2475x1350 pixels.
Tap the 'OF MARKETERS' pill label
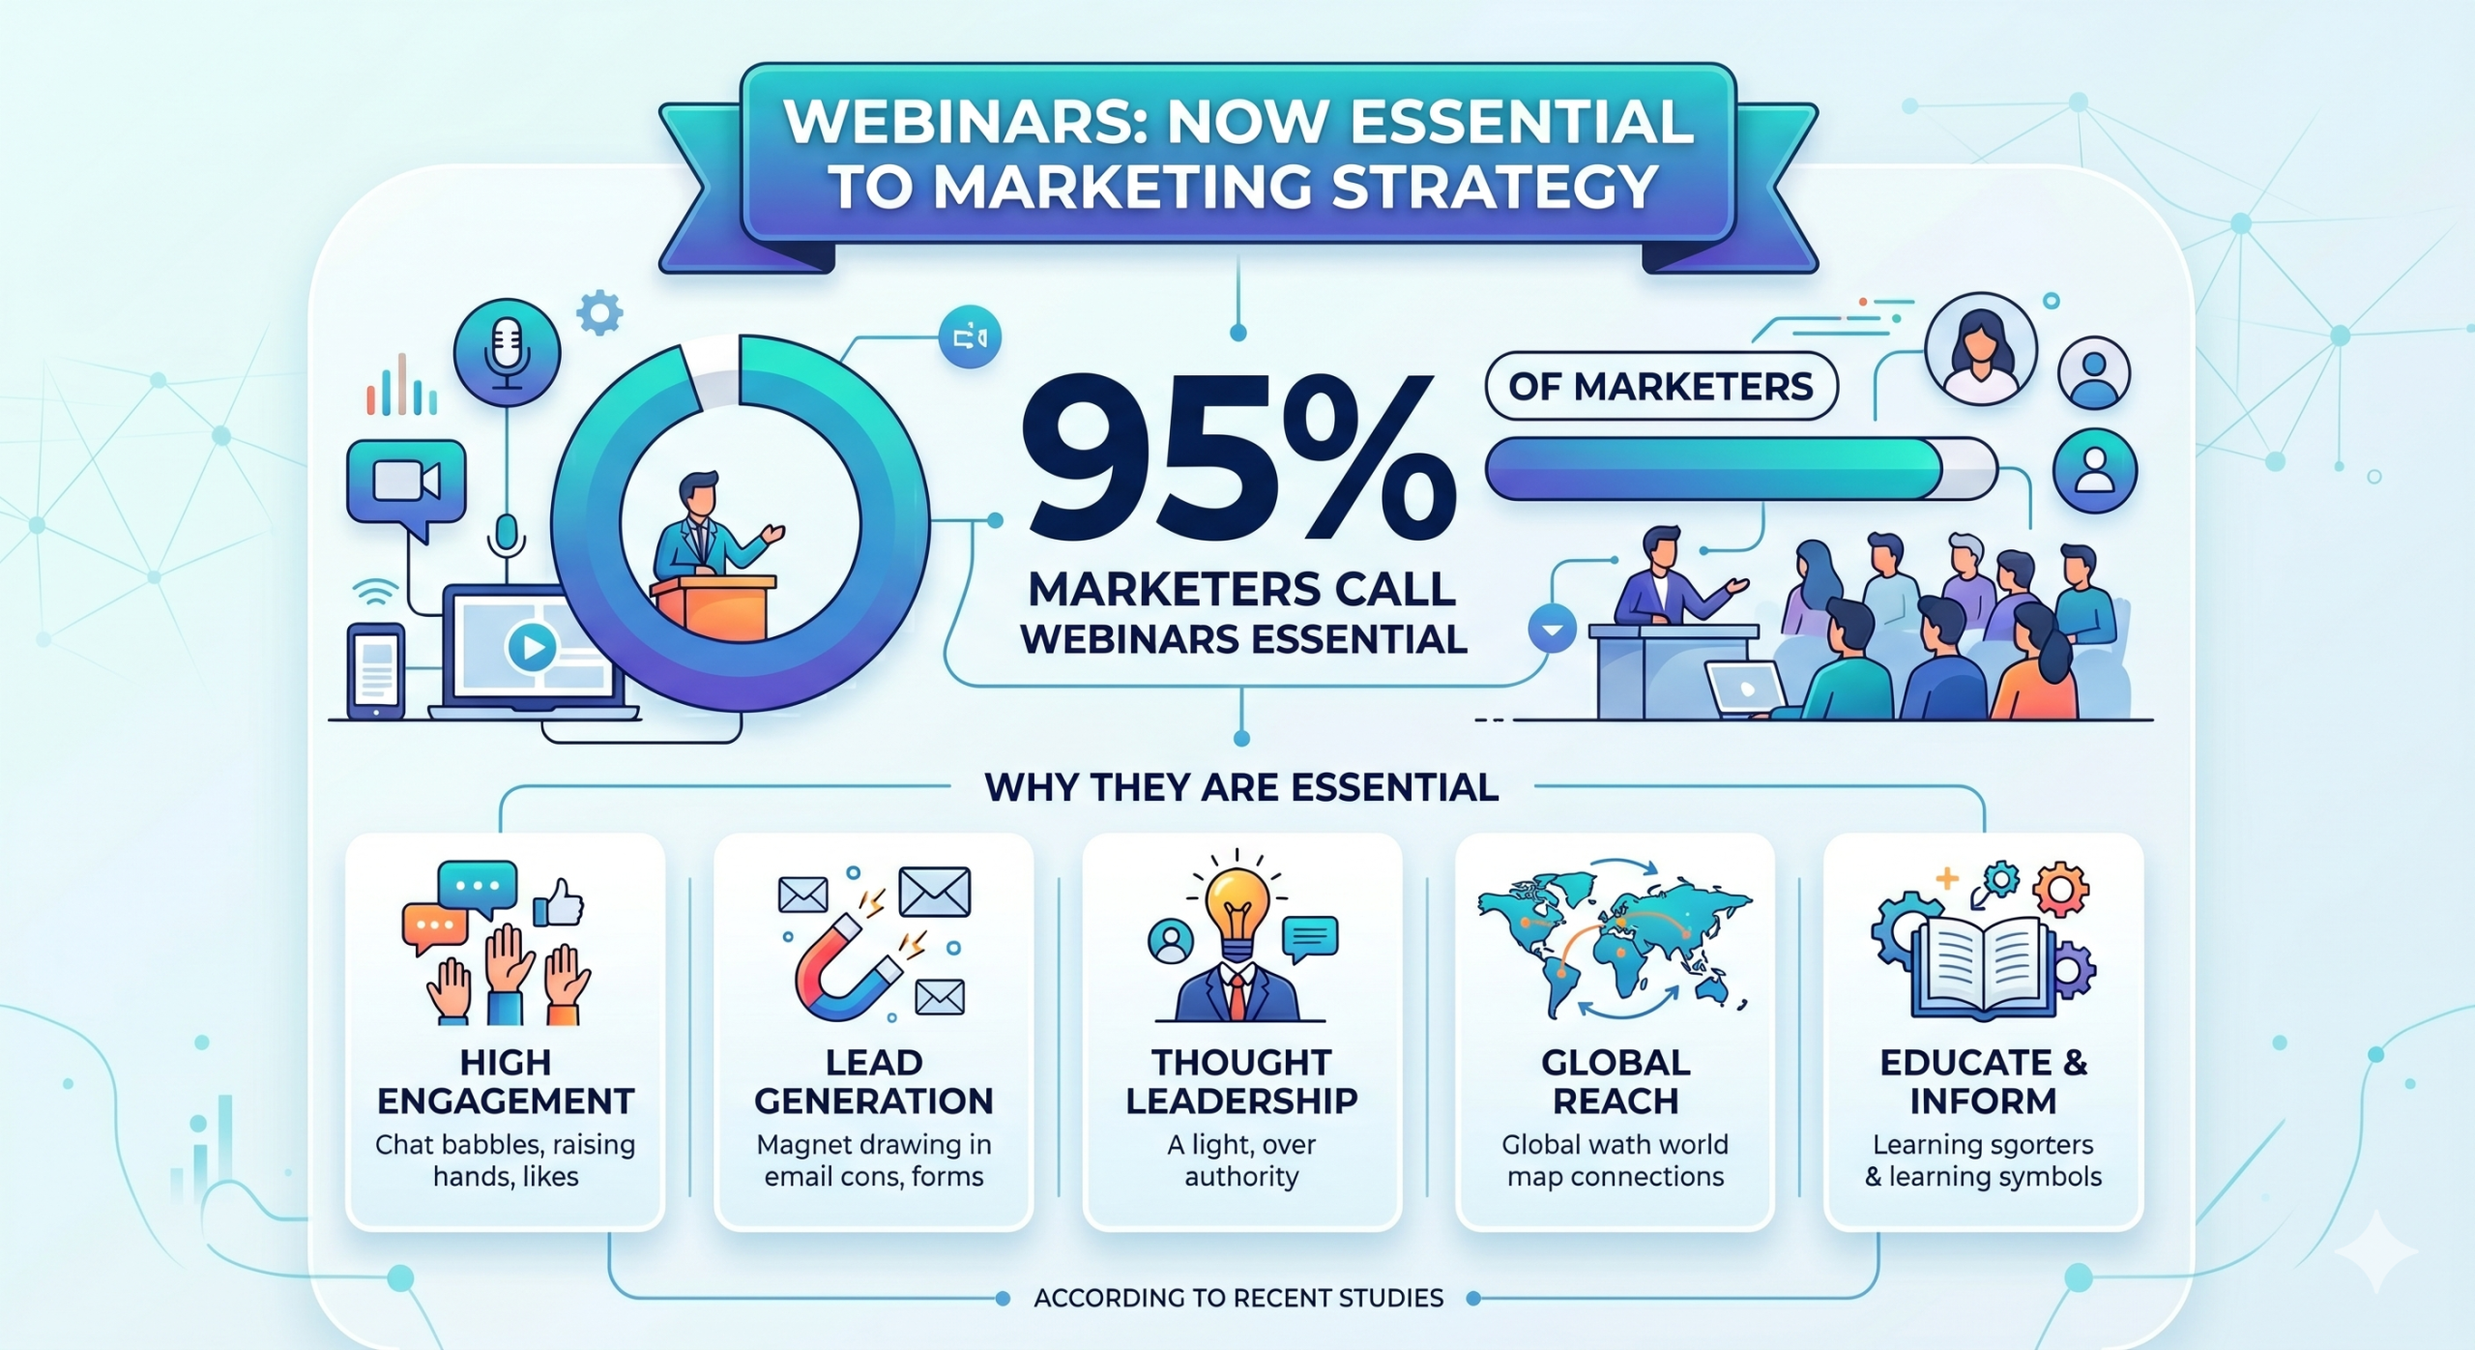[1660, 387]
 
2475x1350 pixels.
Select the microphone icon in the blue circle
[507, 352]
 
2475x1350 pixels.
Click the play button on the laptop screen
[532, 646]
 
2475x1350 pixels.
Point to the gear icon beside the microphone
[599, 312]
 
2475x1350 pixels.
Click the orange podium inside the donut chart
[713, 606]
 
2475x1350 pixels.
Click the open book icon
[1983, 966]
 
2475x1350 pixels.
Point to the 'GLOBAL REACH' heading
[1616, 1082]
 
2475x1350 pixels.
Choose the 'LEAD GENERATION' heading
[873, 1082]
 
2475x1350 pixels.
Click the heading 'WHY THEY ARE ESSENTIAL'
[1241, 787]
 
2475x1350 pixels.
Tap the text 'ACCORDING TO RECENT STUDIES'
[1238, 1298]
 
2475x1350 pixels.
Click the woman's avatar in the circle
[1981, 349]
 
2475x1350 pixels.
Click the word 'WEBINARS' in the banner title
[965, 122]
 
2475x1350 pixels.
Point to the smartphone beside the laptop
[376, 671]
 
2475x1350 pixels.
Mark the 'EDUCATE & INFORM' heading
[1983, 1082]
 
